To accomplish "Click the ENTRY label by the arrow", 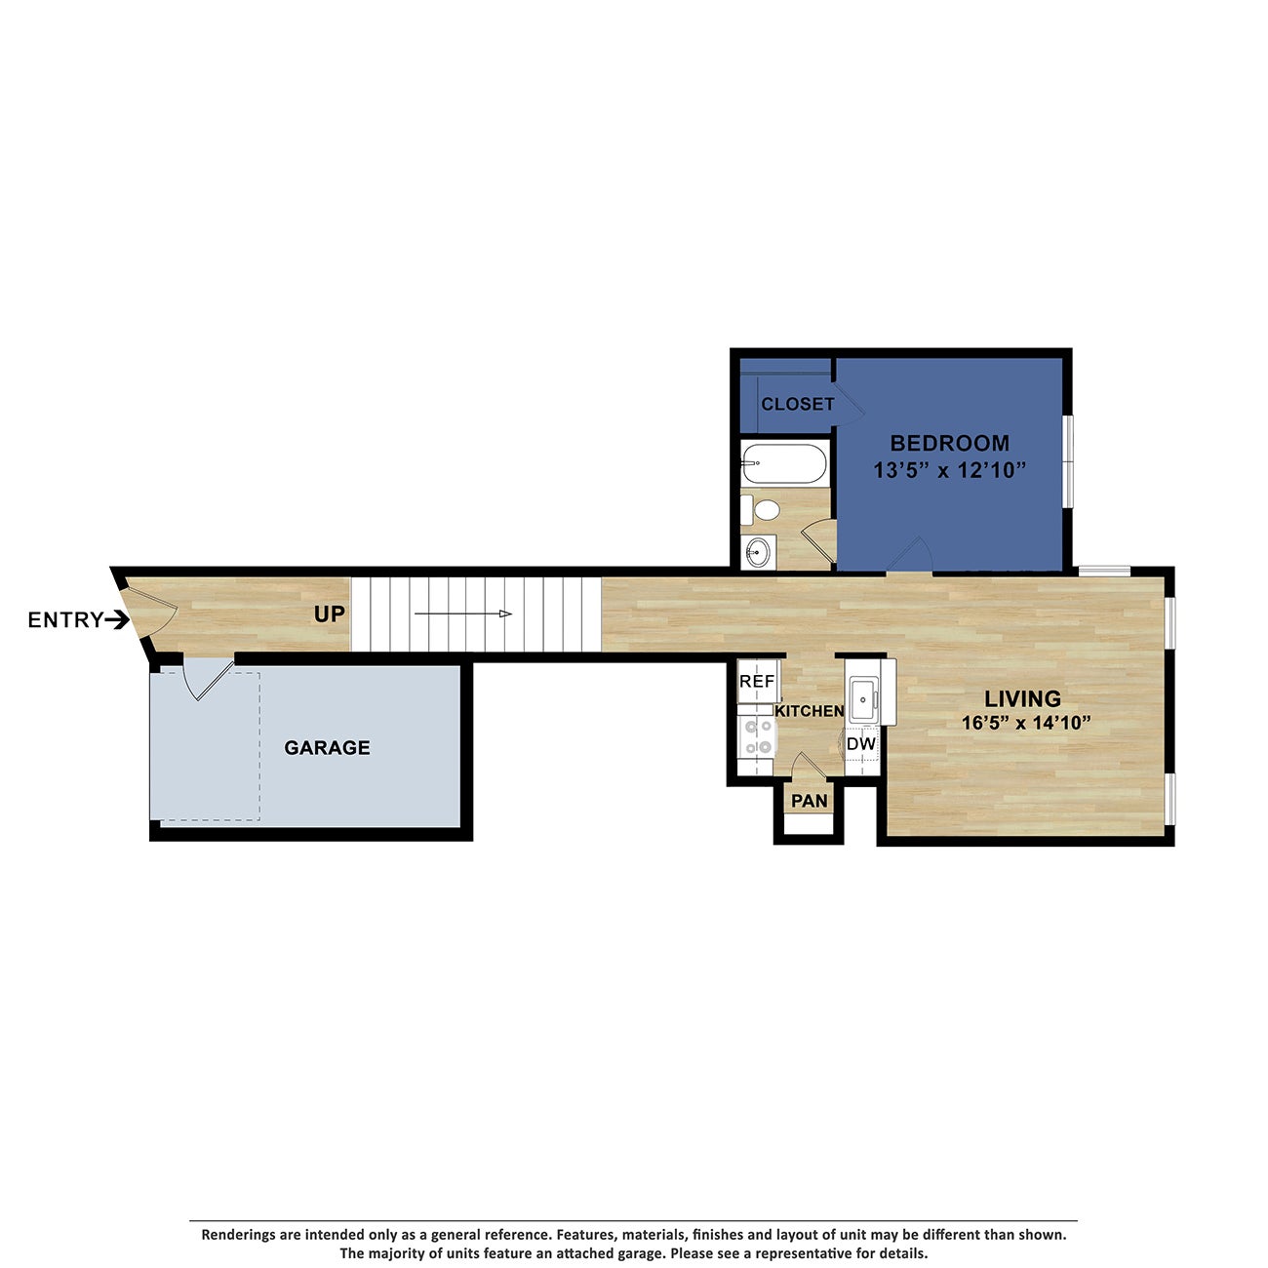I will point(65,620).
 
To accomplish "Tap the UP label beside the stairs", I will point(330,614).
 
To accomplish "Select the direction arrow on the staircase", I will point(463,614).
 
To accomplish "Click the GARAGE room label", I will point(327,748).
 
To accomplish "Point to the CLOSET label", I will point(797,404).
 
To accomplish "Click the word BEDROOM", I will point(949,443).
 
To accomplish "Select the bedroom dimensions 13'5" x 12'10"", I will point(949,471).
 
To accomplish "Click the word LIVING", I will point(1022,699).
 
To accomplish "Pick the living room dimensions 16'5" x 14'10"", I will point(1025,724).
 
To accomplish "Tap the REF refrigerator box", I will point(757,682).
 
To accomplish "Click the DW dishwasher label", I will point(861,744).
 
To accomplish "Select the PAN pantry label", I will point(809,801).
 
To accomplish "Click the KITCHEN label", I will point(809,711).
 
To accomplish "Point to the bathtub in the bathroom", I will point(783,464).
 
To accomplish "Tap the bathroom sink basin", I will point(757,553).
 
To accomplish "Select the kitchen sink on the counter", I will point(863,697).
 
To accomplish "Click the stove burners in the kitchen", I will point(756,736).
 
